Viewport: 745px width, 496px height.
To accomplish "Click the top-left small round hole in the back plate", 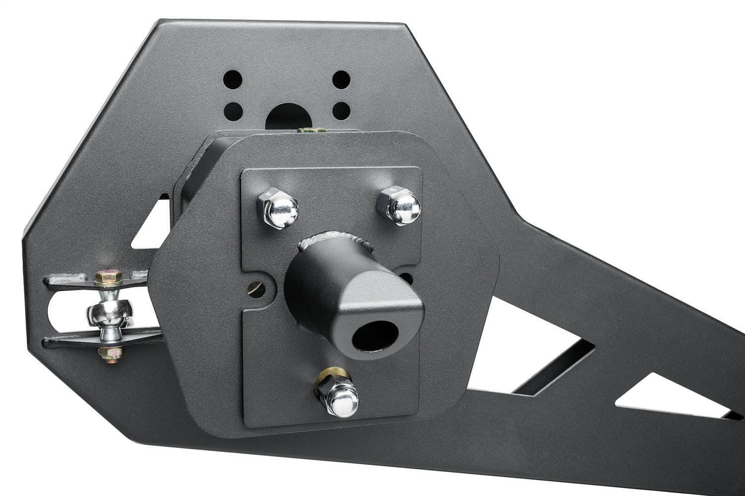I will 232,78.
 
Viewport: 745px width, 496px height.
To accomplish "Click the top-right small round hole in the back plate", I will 341,78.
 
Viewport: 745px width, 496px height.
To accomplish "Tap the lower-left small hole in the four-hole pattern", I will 232,109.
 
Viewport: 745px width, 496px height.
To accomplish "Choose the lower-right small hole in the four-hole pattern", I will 341,108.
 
